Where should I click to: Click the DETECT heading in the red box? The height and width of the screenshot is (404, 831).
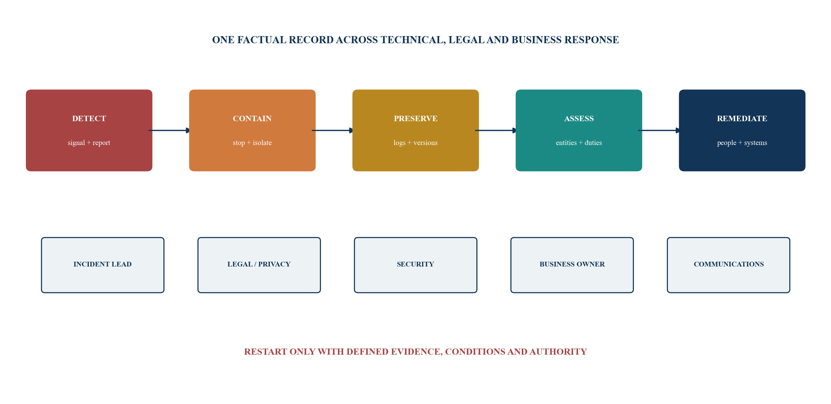click(89, 118)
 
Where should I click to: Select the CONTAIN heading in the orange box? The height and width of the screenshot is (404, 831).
click(252, 118)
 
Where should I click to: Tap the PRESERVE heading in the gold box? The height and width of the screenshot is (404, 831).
click(416, 118)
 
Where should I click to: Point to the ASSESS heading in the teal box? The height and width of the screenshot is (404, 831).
click(579, 118)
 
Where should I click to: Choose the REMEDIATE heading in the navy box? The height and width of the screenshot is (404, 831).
click(742, 118)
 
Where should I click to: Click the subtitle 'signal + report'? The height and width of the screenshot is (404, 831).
click(89, 143)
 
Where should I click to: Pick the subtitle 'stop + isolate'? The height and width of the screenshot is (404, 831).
click(252, 143)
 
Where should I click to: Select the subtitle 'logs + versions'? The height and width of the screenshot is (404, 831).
click(416, 143)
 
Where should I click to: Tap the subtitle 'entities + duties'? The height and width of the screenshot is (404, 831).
click(579, 143)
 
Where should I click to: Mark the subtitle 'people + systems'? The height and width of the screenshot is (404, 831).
click(742, 143)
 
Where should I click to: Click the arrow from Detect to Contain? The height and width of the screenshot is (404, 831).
click(169, 130)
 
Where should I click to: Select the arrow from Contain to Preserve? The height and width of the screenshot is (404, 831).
click(333, 130)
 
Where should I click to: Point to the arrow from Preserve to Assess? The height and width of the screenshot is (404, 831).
click(496, 130)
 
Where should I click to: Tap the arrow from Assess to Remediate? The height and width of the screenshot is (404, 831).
click(659, 130)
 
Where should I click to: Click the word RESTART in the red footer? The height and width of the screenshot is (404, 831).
click(266, 352)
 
